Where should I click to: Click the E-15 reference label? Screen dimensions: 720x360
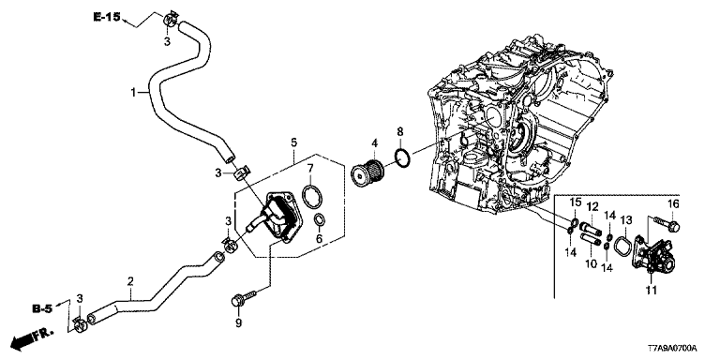(107, 17)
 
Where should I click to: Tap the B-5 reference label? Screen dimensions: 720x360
(42, 309)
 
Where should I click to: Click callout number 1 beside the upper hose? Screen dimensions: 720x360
(133, 93)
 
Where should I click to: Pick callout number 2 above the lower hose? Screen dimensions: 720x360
(130, 280)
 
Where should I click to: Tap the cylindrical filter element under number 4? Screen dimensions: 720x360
(369, 173)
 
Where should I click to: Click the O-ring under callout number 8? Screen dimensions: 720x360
(402, 157)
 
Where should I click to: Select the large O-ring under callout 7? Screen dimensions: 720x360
(312, 196)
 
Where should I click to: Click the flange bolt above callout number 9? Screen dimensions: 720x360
(244, 297)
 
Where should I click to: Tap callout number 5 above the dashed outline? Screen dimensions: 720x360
(294, 142)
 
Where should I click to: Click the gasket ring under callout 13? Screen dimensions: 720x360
(623, 244)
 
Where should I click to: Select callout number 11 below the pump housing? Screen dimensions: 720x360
(652, 290)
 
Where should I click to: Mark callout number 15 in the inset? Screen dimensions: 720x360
(576, 202)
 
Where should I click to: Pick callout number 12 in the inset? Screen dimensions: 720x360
(592, 206)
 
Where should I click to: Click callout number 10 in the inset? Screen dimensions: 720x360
(591, 263)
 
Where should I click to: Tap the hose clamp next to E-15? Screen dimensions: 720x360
(171, 20)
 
